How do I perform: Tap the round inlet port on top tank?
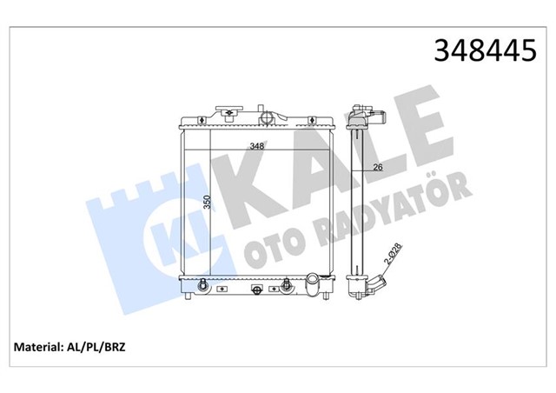pos(269,116)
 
